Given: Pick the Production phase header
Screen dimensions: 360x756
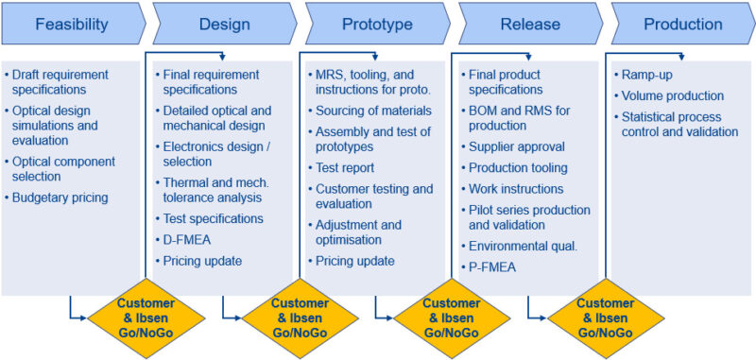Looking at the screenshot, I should coord(682,25).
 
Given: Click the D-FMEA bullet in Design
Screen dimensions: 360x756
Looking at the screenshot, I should coord(188,239).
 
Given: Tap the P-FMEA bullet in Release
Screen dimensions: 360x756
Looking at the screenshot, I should coord(492,266).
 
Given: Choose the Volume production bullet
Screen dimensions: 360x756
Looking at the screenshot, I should coord(672,95).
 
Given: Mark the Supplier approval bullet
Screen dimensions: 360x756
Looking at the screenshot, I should coord(516,147).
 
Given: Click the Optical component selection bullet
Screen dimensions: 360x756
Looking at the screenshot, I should coord(62,168).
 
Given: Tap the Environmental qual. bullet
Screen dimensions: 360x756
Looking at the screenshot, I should coord(524,246).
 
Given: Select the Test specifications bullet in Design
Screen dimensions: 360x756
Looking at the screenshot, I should coord(213,218).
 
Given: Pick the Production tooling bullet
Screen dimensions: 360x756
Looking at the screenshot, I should coord(517,168).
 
